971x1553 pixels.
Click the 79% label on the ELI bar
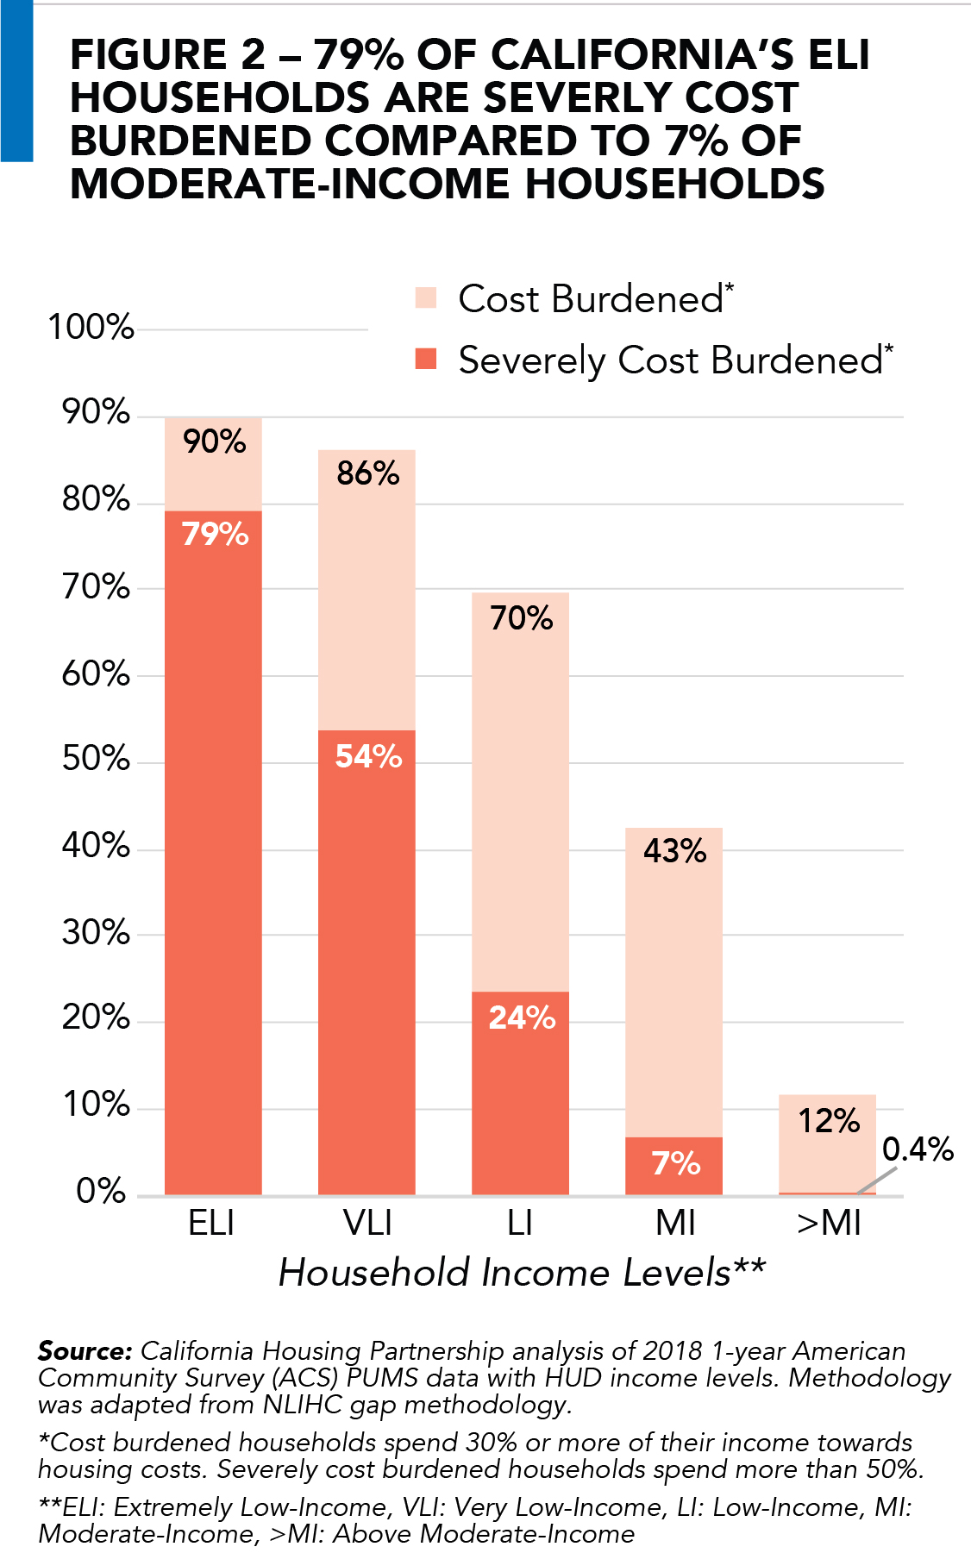(x=215, y=535)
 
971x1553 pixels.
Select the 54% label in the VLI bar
(x=368, y=756)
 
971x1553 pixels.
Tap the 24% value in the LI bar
(x=522, y=1018)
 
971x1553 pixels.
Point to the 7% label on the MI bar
(x=675, y=1163)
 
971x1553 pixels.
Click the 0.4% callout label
(x=918, y=1149)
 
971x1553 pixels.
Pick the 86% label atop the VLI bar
(x=368, y=473)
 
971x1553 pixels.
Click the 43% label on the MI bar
(x=674, y=851)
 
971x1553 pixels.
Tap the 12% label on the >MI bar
(x=829, y=1121)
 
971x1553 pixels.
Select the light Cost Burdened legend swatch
(x=426, y=298)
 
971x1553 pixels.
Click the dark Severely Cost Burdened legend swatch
(x=426, y=359)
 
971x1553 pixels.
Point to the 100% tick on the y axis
(x=91, y=328)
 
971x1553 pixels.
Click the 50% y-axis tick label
(x=96, y=759)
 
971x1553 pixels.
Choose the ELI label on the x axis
(x=211, y=1223)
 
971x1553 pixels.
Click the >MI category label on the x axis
(x=829, y=1223)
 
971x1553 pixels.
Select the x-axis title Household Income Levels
(x=522, y=1273)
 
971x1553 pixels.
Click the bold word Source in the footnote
(x=85, y=1351)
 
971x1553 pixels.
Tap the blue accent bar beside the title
(x=16, y=81)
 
